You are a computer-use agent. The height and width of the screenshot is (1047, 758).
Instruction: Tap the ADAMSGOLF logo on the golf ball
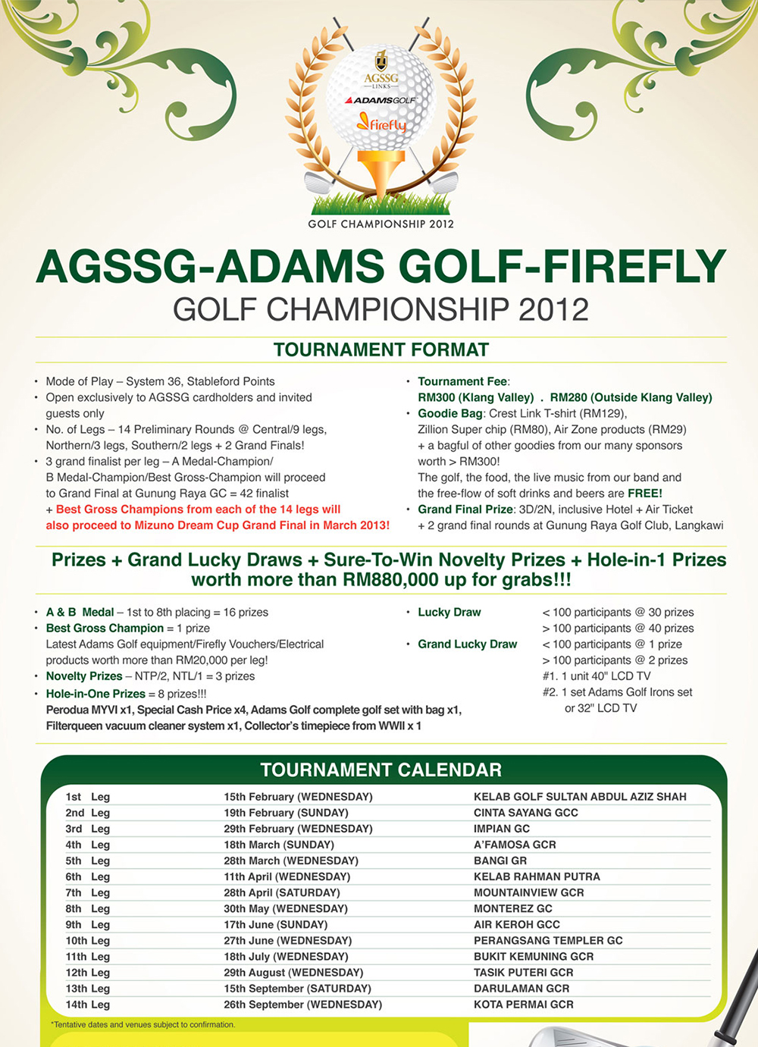click(381, 100)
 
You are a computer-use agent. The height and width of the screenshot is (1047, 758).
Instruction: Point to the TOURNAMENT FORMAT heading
click(381, 350)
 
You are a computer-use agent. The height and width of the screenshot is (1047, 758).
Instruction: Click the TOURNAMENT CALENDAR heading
click(381, 770)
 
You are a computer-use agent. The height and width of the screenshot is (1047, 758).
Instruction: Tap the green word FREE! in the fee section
click(644, 494)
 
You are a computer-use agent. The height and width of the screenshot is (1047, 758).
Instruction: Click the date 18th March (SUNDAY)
click(279, 845)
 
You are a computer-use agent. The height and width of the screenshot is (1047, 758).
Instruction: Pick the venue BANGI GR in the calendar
click(500, 860)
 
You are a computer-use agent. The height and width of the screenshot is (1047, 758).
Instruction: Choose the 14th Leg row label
click(87, 1005)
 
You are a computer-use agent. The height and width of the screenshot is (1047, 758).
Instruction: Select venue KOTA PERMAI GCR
click(524, 1005)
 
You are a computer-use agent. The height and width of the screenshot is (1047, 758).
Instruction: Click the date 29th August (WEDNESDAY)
click(293, 973)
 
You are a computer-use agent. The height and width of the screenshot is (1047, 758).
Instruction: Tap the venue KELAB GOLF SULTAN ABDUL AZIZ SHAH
click(580, 797)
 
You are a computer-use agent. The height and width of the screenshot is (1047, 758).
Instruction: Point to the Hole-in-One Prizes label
click(96, 694)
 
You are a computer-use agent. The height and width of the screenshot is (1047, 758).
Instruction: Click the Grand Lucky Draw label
click(467, 644)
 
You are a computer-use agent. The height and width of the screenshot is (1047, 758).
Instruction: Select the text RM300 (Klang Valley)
click(476, 397)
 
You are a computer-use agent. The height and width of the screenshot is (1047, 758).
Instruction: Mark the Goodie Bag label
click(450, 413)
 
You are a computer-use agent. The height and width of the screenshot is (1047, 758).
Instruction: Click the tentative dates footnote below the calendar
click(143, 1025)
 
